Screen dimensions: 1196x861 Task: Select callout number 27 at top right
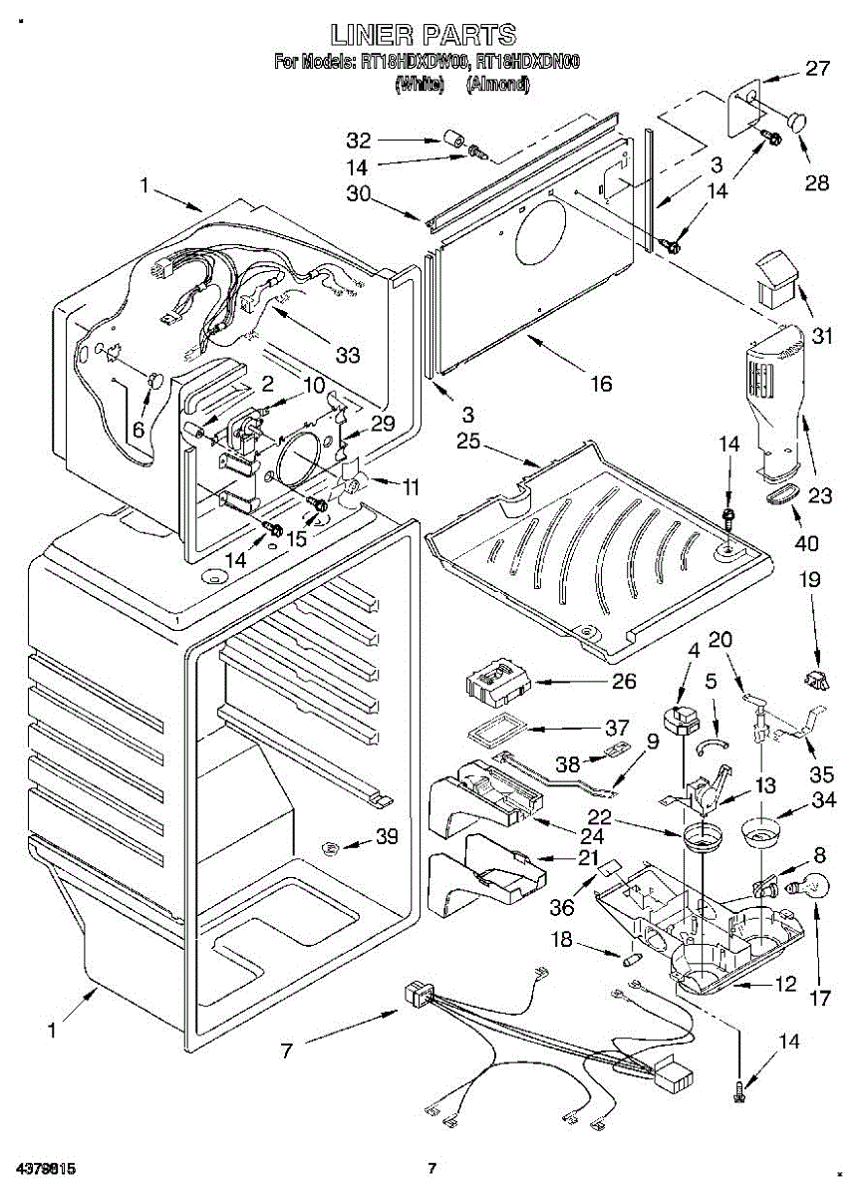[x=817, y=70]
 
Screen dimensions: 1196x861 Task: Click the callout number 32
[x=359, y=140]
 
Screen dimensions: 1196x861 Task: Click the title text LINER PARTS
[x=425, y=36]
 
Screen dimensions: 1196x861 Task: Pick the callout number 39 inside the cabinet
[x=385, y=837]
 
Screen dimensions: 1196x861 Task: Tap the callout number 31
[x=821, y=336]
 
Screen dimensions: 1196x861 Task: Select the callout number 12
[x=785, y=985]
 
